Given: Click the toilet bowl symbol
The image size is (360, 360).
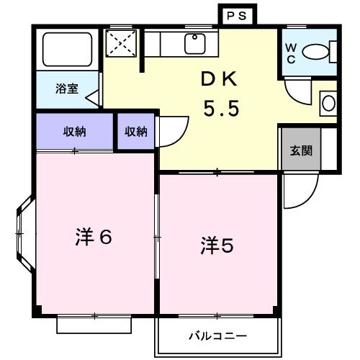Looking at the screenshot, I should pos(317,51).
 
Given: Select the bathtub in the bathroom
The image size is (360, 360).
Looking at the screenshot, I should pos(66,50).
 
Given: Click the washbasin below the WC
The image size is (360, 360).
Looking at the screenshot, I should pos(328,103).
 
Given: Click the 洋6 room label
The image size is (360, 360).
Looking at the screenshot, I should pos(94,237).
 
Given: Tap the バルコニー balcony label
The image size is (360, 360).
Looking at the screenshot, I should pos(217,336).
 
